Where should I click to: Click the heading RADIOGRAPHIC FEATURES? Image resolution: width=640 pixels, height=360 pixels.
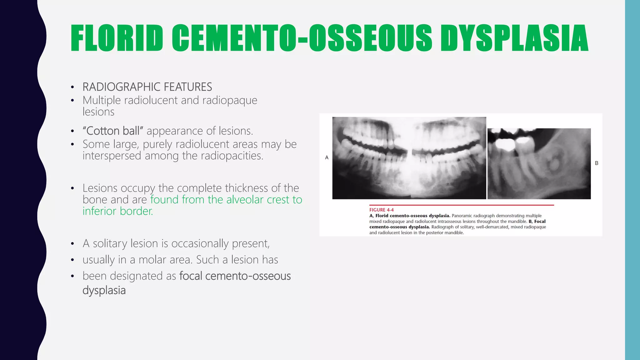point(147,87)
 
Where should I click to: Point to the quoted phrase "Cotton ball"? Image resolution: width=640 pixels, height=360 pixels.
point(113,131)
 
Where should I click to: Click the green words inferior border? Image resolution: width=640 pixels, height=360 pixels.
point(118,211)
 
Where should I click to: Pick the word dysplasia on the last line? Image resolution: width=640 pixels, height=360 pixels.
point(104,290)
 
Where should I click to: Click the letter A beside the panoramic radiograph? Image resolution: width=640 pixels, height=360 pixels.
point(327,157)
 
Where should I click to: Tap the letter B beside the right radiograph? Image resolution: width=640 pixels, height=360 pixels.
point(597,163)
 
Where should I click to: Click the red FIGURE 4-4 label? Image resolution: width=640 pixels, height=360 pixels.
point(381,210)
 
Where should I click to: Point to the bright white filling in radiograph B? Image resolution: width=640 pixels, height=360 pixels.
point(505,143)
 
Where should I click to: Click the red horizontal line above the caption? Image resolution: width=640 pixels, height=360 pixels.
point(461,205)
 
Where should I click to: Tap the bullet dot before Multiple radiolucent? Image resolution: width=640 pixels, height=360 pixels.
point(72,101)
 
